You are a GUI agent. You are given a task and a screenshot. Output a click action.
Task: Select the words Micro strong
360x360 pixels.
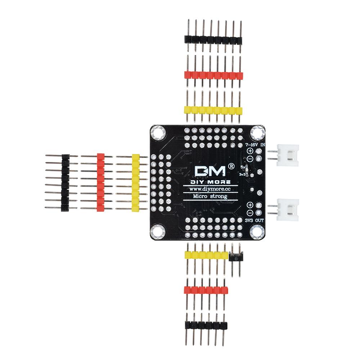coord(210,196)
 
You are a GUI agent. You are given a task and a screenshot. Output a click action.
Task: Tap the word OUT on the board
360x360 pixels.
coord(260,220)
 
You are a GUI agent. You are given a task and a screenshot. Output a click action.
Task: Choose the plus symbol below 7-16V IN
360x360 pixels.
coord(250,152)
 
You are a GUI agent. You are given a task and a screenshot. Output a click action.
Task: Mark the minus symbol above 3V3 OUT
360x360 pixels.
coord(250,212)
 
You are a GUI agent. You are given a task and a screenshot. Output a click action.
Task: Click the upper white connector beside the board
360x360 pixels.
coord(288,155)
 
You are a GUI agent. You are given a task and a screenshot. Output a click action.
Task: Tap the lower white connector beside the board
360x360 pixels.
coord(288,210)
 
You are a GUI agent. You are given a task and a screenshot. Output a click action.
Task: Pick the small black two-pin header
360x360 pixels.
coord(236,257)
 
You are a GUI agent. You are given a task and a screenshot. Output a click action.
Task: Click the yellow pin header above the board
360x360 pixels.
coord(213,110)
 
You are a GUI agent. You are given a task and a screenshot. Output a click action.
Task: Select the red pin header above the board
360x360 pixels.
coord(213,75)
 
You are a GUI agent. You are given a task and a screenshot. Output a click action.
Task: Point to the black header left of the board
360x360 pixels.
coord(65,183)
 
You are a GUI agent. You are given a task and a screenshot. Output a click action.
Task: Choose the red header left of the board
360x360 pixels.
coord(100,183)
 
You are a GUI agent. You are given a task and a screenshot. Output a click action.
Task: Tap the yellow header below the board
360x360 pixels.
coord(206,255)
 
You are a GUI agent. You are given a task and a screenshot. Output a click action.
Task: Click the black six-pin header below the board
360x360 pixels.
coord(206,325)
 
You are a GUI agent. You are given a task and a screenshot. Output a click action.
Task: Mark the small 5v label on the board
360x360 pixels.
coord(244,167)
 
